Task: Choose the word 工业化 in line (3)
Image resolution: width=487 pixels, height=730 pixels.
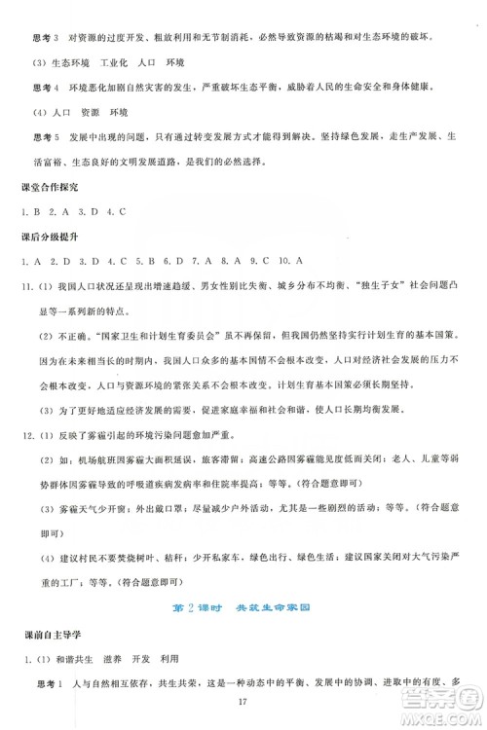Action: [110, 62]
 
